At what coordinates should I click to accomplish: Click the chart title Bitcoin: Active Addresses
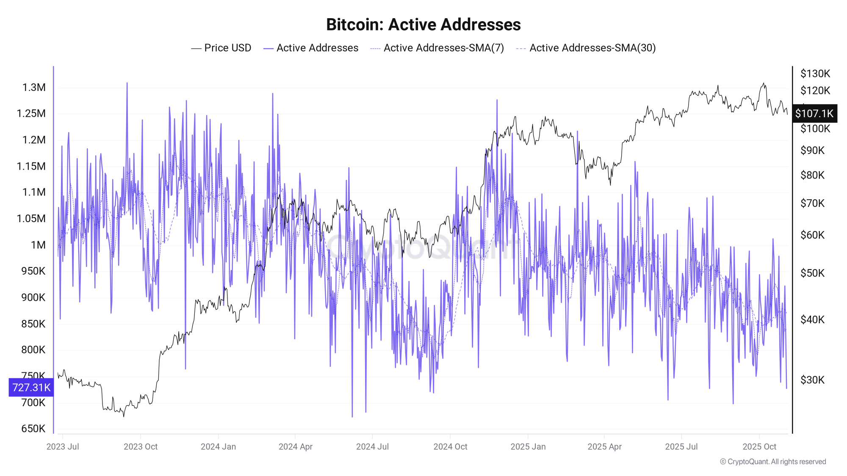423,25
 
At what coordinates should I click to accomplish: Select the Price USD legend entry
221,48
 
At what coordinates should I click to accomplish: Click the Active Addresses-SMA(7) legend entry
437,48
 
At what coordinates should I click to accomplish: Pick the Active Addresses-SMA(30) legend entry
586,48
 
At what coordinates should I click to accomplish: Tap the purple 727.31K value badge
31,387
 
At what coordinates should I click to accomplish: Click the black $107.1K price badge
814,113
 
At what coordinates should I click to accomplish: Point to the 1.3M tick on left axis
34,88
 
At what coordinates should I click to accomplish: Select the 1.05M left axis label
31,218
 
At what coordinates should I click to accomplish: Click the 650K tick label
33,428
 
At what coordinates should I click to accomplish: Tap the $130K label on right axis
815,74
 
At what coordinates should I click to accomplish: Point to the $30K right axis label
812,380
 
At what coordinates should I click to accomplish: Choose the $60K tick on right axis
812,235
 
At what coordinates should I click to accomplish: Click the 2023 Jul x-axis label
63,446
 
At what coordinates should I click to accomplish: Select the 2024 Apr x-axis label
295,446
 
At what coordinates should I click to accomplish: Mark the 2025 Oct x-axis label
759,446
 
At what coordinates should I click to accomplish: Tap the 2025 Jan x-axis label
528,446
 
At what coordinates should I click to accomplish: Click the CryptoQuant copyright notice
773,462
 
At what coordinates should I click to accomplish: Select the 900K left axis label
33,297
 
